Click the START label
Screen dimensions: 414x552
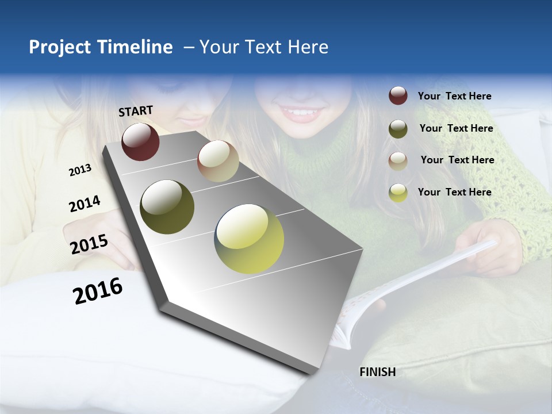136,111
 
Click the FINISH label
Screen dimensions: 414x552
377,372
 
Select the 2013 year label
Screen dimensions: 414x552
80,170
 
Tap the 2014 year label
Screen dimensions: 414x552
85,204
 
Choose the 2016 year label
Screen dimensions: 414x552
98,290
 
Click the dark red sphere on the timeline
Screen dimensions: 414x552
140,141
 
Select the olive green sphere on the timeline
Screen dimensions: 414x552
167,207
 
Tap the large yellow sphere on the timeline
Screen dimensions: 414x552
249,239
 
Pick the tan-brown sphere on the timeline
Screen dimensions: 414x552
218,161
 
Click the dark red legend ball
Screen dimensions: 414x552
398,95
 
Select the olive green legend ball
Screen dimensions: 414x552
398,128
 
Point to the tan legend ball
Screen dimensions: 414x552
398,160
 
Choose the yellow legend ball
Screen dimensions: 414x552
398,192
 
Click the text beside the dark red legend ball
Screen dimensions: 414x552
454,96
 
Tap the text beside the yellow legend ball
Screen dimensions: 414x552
454,192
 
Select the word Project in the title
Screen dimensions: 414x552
60,47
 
